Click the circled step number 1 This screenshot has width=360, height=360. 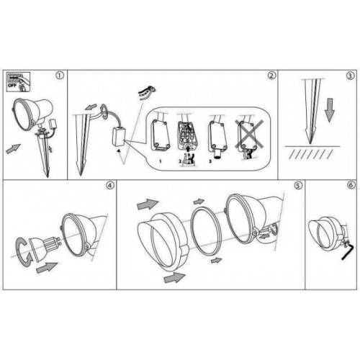[60, 75]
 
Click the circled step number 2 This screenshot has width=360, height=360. [271, 75]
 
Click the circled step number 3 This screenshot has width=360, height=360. [349, 75]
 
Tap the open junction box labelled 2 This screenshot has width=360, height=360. [186, 135]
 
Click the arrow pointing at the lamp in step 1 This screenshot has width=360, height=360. [12, 149]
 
